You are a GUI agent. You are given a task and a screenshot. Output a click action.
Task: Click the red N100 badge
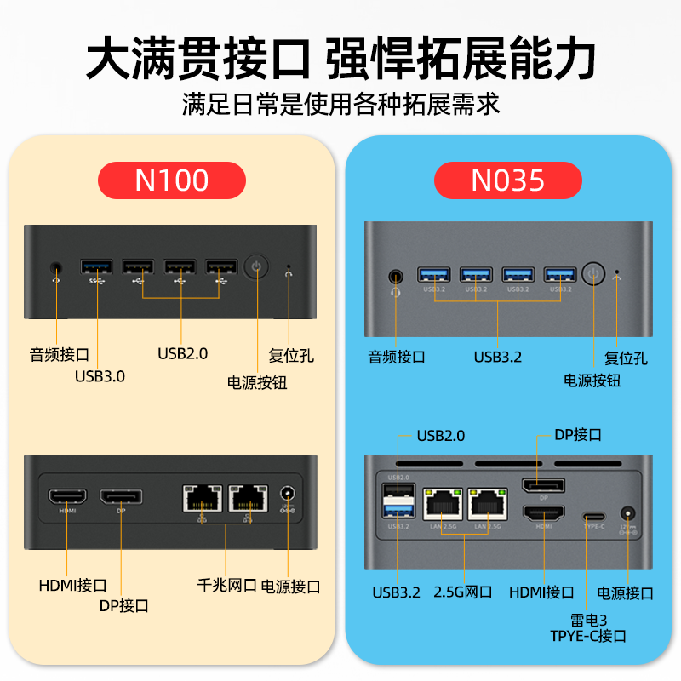[x=172, y=180]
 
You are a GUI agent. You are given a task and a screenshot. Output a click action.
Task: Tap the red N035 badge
[x=508, y=180]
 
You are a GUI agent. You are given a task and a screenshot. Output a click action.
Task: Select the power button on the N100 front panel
[x=256, y=266]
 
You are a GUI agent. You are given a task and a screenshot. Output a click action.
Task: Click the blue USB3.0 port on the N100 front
[x=97, y=266]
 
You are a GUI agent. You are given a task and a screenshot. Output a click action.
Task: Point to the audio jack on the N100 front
[x=56, y=267]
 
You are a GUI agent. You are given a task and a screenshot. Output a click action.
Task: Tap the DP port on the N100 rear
[x=121, y=497]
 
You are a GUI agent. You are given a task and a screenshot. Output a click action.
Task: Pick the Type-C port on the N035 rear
[x=592, y=516]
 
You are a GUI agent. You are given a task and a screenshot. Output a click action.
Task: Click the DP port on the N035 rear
[x=541, y=487]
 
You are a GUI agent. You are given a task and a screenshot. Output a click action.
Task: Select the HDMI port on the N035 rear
[x=542, y=513]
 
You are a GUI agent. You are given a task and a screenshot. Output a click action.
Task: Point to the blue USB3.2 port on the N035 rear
[x=397, y=511]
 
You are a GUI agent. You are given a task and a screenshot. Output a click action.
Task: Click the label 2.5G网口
[x=463, y=592]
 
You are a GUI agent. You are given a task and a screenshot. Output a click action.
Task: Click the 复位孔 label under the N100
[x=290, y=355]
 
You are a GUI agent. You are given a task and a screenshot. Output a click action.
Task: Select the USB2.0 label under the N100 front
[x=182, y=352]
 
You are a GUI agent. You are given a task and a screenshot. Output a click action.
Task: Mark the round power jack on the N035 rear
[x=628, y=514]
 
